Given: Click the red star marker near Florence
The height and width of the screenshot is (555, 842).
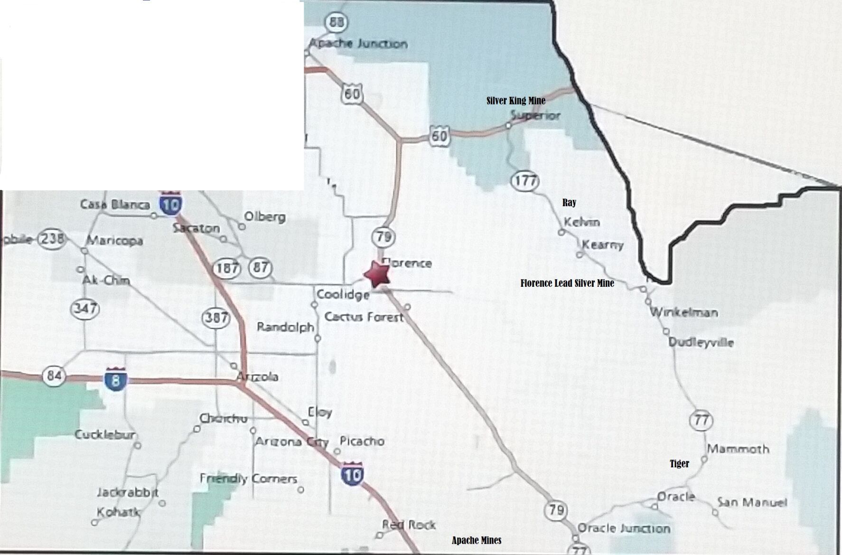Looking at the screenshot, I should point(377,274).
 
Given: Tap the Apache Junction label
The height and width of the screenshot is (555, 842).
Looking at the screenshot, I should point(358,44).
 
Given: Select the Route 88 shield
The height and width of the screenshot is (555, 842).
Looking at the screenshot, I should point(337,22).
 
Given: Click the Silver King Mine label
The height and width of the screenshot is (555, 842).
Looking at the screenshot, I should point(515,101).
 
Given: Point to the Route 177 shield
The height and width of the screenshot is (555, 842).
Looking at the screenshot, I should point(525,181).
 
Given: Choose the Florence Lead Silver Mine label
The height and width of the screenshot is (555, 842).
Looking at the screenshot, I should point(567,283).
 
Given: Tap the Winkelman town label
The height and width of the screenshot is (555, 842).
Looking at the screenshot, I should point(683,312).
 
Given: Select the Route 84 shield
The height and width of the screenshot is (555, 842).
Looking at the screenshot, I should point(54,376).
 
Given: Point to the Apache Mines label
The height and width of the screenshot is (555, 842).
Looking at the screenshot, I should point(476,540).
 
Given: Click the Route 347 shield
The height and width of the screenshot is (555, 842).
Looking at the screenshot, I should point(85,309).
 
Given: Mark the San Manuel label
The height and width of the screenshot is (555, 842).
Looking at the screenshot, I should point(752,502).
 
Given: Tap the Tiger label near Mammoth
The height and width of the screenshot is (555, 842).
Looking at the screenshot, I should point(679,464).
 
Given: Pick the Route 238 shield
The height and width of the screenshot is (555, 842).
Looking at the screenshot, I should point(51,238).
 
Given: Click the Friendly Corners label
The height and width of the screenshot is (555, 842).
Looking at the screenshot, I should point(248,479).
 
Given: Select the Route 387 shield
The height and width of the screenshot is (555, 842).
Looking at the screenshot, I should point(216,317).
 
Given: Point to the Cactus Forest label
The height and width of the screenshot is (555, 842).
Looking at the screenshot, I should point(364,317).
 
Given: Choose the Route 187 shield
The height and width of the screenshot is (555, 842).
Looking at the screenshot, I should point(227,268).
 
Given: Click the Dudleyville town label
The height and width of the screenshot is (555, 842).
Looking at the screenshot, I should point(701,342).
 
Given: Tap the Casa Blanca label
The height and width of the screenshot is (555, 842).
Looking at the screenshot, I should point(115,205).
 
